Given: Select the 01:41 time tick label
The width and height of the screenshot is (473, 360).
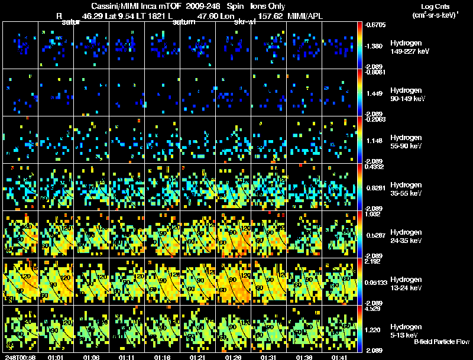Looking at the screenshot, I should point(339,356).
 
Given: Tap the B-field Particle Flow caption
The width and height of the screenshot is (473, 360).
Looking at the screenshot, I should point(442,342).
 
